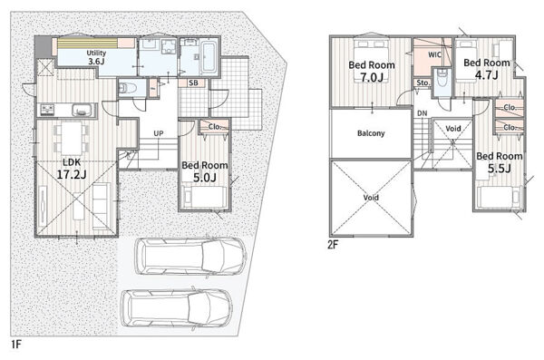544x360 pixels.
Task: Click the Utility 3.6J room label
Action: pos(96,57)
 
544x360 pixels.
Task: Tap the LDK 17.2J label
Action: pos(72,169)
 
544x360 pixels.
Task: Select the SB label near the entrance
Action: pos(194,83)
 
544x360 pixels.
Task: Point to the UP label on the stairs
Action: pos(159,133)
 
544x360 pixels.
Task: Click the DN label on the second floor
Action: pos(423,113)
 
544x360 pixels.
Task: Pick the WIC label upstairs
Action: pos(434,54)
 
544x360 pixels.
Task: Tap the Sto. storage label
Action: pos(423,83)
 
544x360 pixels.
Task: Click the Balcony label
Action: pos(371,133)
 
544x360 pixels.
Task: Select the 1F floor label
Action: pos(16,344)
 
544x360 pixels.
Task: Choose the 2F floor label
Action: pos(333,245)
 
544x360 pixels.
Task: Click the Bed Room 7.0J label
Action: pos(372,71)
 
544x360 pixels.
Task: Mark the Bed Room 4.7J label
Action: pos(487,68)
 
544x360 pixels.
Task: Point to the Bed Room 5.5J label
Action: pos(500,162)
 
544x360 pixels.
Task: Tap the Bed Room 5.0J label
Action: pos(205,171)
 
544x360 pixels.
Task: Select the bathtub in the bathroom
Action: pos(209,56)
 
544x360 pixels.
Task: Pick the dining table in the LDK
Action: pos(72,138)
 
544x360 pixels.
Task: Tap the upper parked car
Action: pos(190,257)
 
